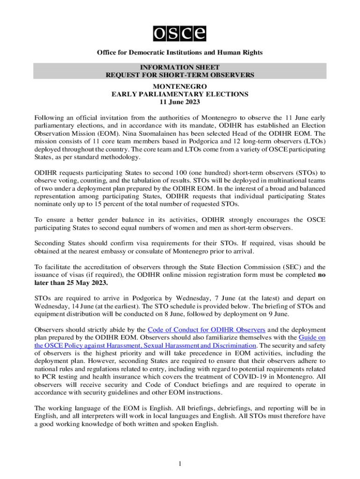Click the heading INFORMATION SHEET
[180, 66]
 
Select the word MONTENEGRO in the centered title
[180, 87]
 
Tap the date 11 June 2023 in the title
[180, 102]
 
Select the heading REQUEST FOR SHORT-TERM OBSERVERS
[180, 74]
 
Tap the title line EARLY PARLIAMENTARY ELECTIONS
[180, 94]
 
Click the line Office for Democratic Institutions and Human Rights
[180, 52]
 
